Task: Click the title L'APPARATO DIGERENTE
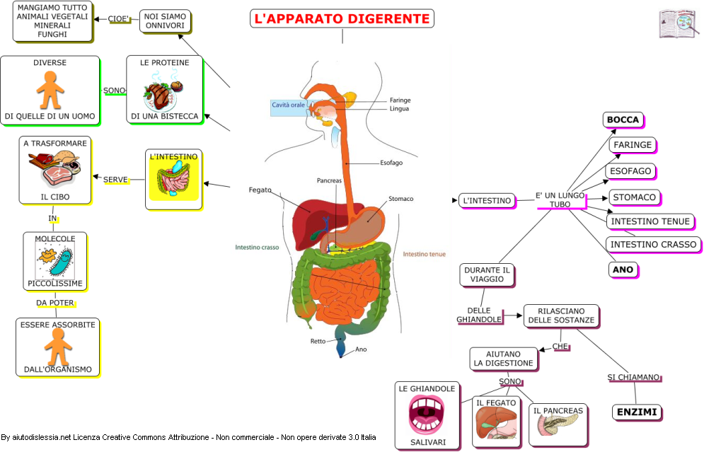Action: [x=342, y=18]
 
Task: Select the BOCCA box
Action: [x=623, y=120]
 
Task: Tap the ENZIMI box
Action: [x=637, y=412]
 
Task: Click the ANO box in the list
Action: [x=623, y=270]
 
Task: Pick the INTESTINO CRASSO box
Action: [x=653, y=245]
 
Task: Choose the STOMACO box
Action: [x=635, y=197]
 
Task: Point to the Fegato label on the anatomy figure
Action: [x=260, y=190]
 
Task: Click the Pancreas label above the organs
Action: [x=329, y=180]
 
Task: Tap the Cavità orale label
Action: [x=288, y=105]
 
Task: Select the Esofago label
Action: [x=391, y=163]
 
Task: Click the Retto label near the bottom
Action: [x=318, y=341]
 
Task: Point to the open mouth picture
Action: [x=427, y=414]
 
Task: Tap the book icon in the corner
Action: [x=678, y=23]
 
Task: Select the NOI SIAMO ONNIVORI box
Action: [x=165, y=21]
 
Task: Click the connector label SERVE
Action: [x=115, y=180]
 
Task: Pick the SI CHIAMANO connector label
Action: [x=633, y=377]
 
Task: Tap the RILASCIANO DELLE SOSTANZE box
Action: [x=561, y=315]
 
